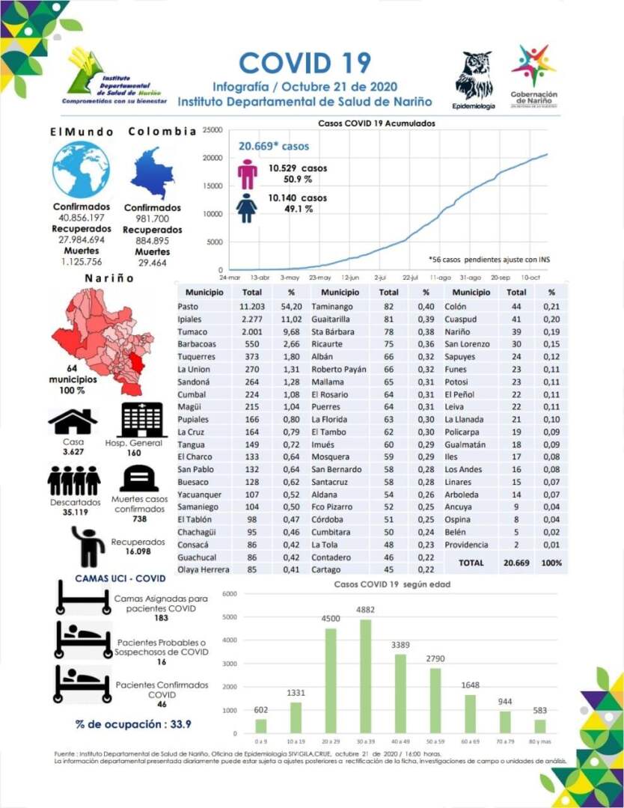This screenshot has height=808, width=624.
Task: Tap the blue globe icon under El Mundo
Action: point(81,170)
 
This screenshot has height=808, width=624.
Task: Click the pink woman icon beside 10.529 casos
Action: point(247,174)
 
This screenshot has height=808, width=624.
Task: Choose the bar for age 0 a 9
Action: point(260,726)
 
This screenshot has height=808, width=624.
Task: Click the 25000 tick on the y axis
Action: point(213,130)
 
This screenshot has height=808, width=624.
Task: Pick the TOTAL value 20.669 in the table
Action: point(516,562)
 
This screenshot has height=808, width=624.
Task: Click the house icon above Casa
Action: point(73,422)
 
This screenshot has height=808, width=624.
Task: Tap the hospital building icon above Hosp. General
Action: point(142,420)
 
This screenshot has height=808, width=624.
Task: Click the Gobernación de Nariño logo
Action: point(533,76)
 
